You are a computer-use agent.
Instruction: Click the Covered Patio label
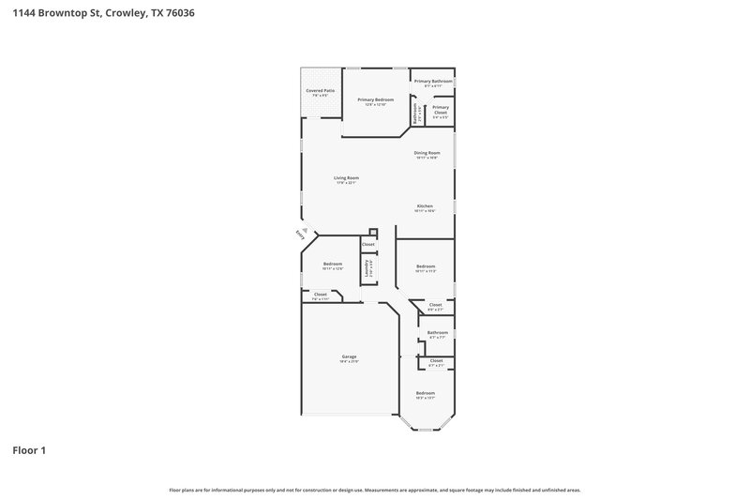320,90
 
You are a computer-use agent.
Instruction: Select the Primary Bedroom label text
375,99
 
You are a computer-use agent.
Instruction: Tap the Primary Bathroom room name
433,81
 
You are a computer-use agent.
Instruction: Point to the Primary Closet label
441,107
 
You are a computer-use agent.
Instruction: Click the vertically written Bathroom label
416,112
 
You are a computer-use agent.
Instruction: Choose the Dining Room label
427,152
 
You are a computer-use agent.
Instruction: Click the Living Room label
347,177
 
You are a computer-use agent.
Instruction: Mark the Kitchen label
425,205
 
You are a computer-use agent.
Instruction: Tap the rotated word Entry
300,235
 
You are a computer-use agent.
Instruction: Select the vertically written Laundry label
367,267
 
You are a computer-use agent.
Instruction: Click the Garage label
349,356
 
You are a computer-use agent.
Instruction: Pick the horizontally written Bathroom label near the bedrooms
437,332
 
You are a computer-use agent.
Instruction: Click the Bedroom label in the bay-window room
426,392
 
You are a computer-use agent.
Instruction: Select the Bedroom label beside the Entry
333,264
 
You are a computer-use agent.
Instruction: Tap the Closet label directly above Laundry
368,244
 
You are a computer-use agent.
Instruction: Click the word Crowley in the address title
127,14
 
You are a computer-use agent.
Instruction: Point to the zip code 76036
183,14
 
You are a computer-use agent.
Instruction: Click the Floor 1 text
28,450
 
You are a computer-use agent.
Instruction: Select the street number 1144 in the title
23,14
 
